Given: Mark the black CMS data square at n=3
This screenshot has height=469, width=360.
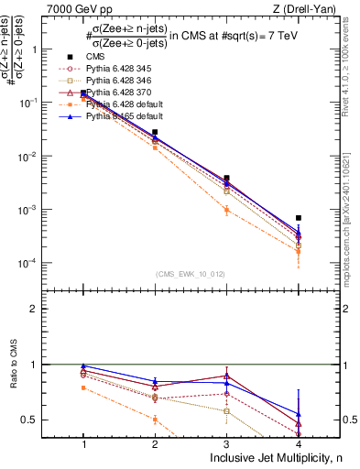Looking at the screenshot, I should coord(227,178).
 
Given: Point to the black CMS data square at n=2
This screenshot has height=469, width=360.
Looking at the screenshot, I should coord(156,133).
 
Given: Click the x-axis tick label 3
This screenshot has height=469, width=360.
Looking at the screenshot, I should coord(227,444).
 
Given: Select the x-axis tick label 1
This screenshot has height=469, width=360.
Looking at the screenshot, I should coord(84,444).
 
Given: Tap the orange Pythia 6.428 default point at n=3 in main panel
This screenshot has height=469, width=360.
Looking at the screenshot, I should coord(227,210).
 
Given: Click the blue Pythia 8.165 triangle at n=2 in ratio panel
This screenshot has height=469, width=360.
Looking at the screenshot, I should coord(156,381).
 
